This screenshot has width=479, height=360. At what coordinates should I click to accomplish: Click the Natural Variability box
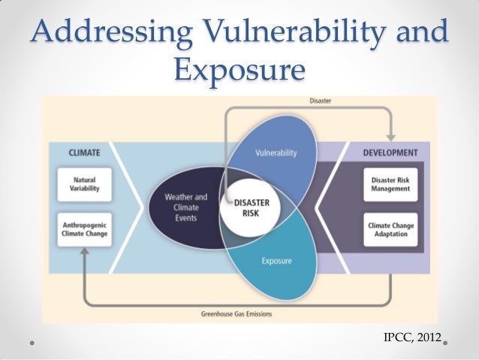click(84, 184)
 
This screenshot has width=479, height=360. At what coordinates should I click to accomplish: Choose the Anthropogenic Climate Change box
click(84, 228)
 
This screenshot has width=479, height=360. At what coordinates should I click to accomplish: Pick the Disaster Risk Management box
click(390, 184)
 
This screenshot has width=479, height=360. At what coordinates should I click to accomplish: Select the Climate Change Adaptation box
click(390, 228)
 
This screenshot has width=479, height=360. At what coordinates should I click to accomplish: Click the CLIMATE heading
click(84, 153)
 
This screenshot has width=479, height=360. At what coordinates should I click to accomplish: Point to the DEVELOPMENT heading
click(390, 153)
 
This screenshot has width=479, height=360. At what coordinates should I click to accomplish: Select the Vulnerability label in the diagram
click(276, 153)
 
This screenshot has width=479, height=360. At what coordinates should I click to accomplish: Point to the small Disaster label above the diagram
click(320, 100)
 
